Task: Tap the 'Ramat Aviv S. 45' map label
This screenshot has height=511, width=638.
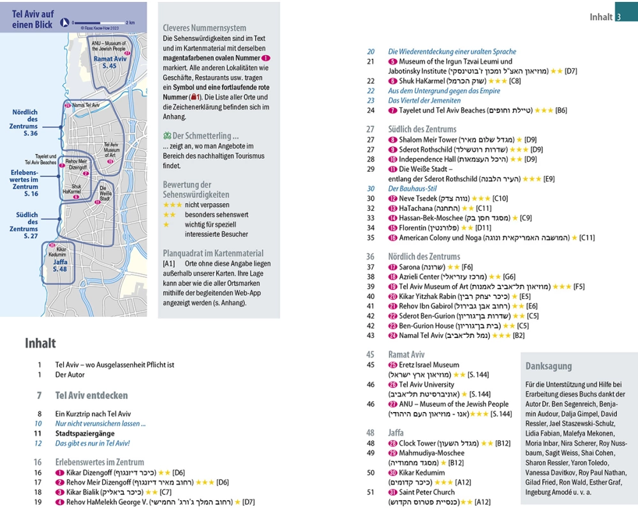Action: (x=110, y=62)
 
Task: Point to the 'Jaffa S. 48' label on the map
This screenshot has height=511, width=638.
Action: (x=60, y=265)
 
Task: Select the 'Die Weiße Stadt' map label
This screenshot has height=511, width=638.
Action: (x=106, y=192)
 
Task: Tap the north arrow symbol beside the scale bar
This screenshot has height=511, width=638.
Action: (x=64, y=23)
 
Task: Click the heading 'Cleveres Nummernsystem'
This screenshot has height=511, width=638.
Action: (x=204, y=28)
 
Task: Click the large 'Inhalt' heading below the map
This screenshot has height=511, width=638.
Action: (x=40, y=343)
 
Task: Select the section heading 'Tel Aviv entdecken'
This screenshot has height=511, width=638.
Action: (x=91, y=395)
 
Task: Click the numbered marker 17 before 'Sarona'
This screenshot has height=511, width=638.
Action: (x=392, y=267)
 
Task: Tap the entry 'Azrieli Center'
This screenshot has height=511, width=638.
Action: (x=419, y=277)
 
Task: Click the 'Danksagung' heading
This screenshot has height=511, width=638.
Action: (x=548, y=366)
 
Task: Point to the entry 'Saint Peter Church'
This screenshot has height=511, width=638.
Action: (x=426, y=492)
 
